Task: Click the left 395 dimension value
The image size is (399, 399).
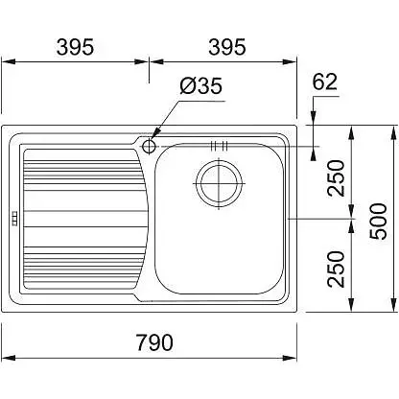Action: click(x=75, y=47)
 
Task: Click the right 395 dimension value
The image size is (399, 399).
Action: click(x=227, y=47)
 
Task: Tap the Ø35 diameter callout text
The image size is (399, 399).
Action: click(x=200, y=85)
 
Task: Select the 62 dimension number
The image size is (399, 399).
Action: click(x=324, y=82)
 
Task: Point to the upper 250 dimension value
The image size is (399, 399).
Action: click(x=336, y=178)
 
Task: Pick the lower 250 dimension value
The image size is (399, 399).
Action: click(x=336, y=270)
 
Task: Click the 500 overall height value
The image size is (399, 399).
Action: click(x=378, y=221)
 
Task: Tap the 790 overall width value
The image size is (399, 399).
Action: click(x=154, y=342)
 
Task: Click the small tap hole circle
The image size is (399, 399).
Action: click(x=149, y=147)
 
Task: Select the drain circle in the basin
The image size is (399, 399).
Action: click(x=219, y=183)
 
